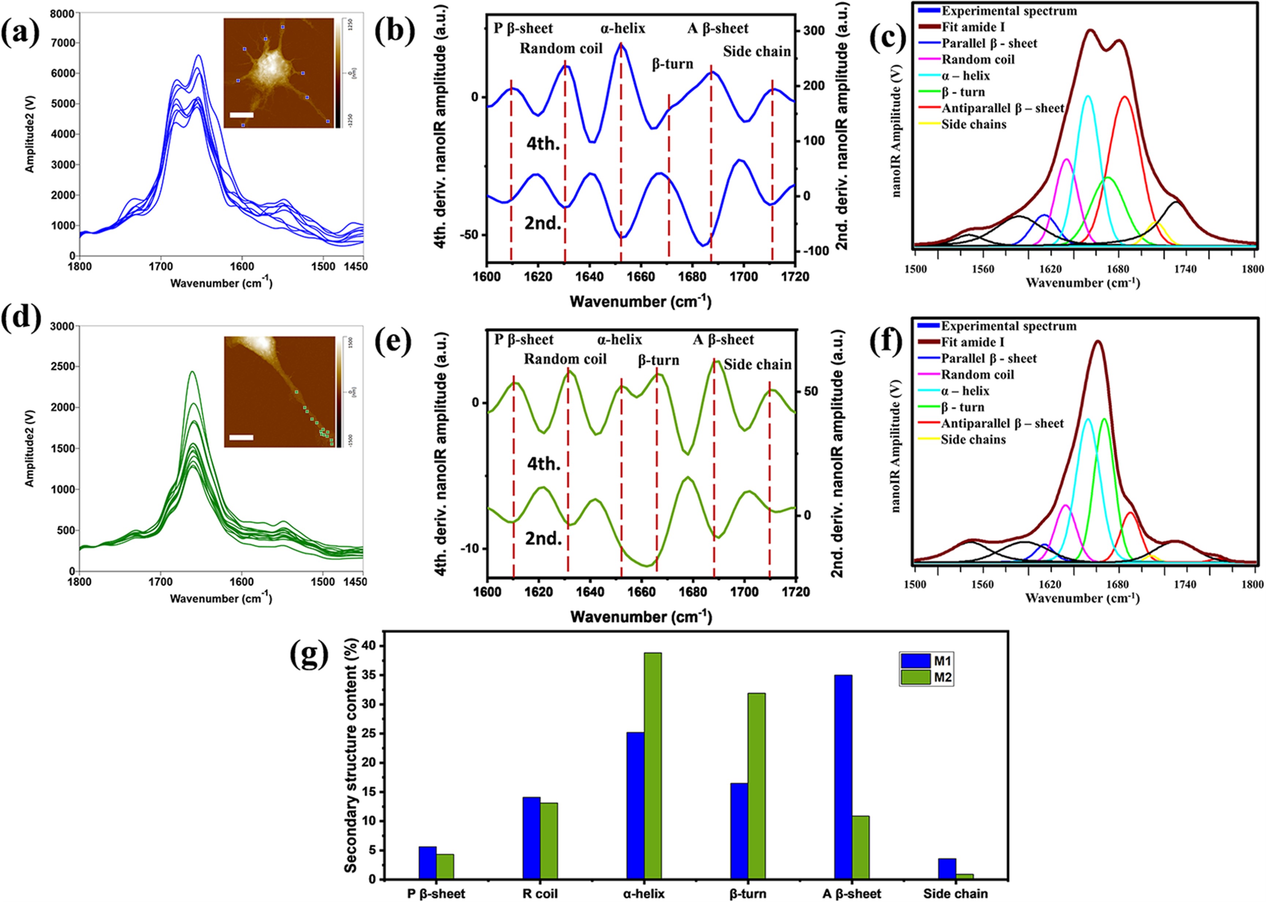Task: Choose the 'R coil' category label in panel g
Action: click(540, 894)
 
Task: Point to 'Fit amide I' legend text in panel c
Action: click(973, 27)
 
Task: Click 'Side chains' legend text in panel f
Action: click(973, 439)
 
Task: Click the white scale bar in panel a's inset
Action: click(241, 115)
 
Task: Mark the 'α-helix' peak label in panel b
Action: click(623, 28)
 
